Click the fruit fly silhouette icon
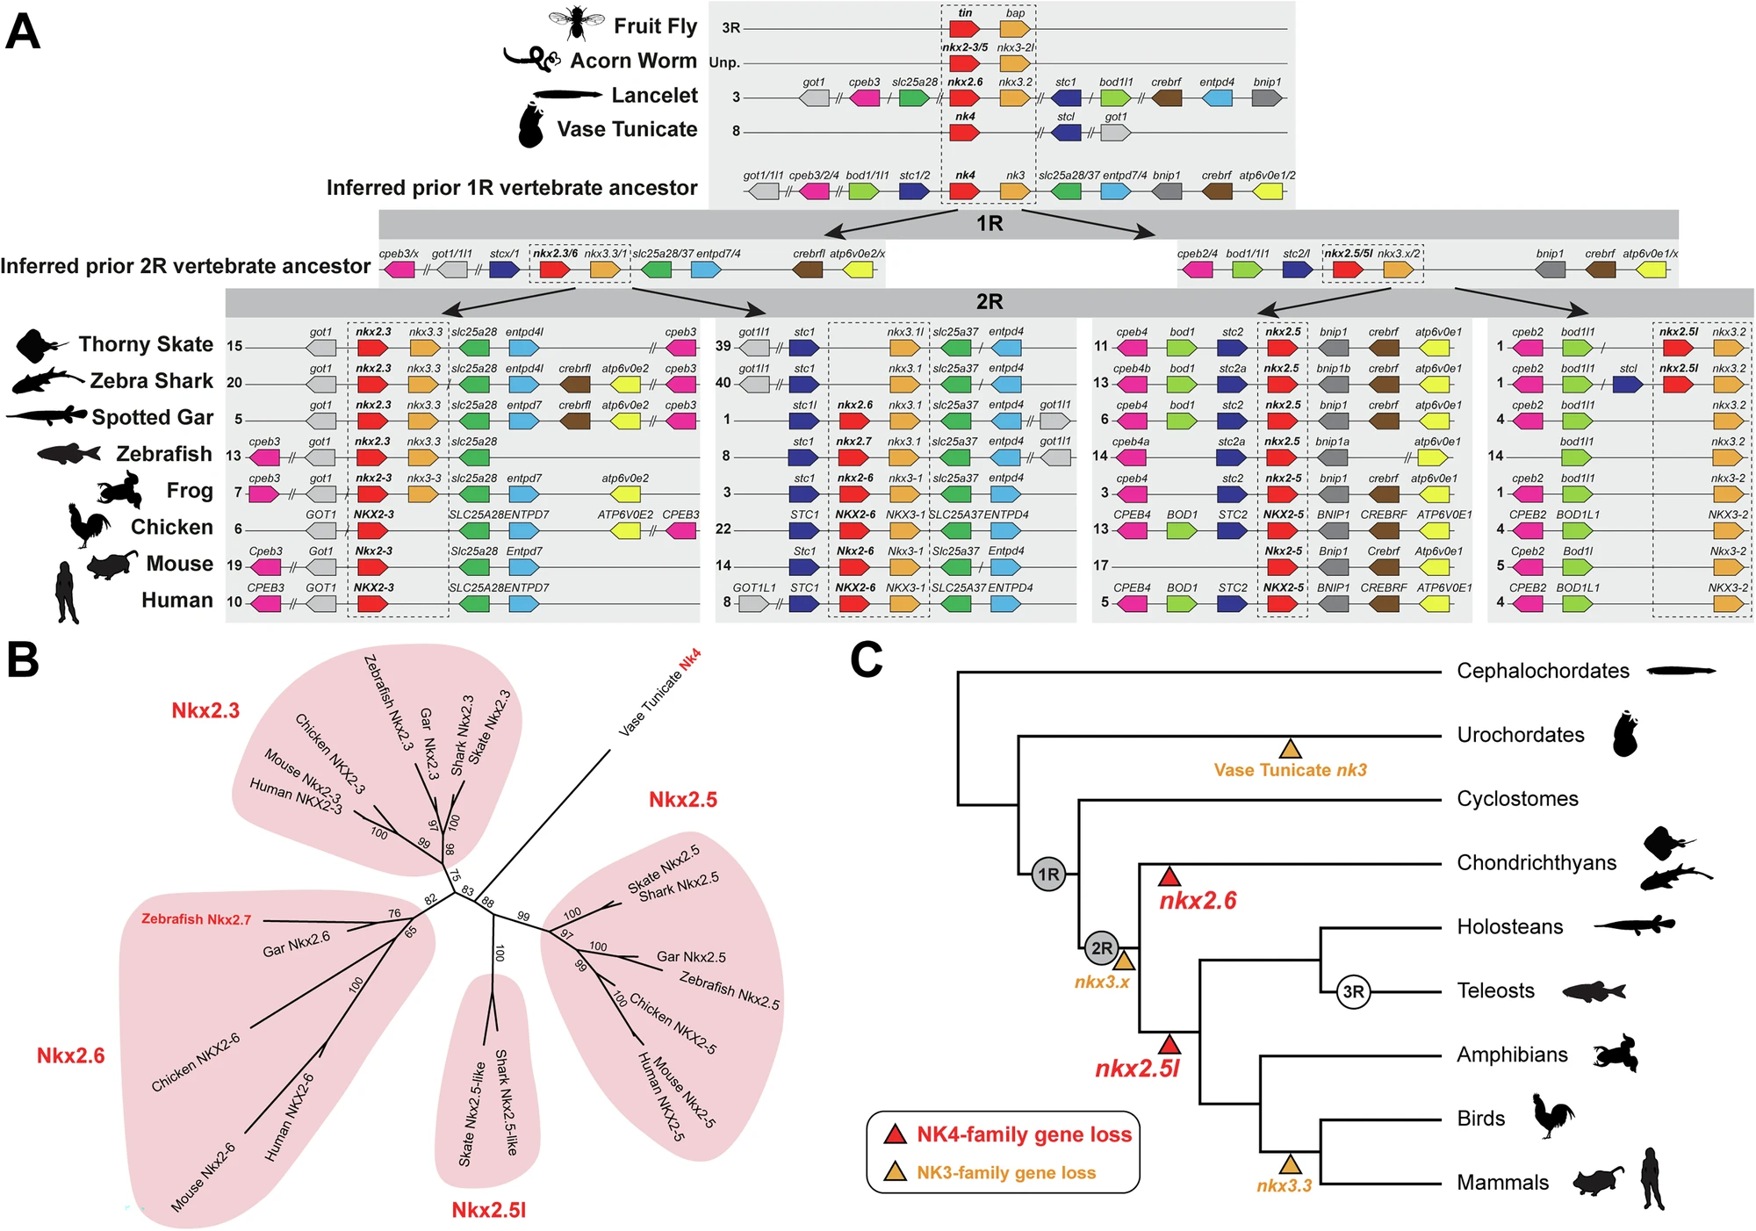(x=576, y=22)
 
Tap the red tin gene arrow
(x=964, y=28)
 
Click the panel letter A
(x=23, y=32)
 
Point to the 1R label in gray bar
(x=990, y=224)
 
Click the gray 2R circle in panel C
(x=1101, y=948)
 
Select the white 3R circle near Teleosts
(x=1353, y=992)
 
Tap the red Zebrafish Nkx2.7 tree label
(x=196, y=919)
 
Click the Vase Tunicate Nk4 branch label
(x=659, y=693)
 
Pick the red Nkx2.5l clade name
(x=488, y=1210)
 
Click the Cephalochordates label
(x=1543, y=671)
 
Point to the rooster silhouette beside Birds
(x=1552, y=1116)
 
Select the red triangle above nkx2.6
(x=1169, y=876)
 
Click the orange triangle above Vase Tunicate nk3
(x=1290, y=750)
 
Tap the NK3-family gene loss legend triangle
(x=895, y=1172)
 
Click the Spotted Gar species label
(x=152, y=417)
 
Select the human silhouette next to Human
(x=67, y=593)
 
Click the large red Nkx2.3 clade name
(x=205, y=710)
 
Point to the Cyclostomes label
(x=1517, y=799)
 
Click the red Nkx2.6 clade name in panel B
(x=70, y=1055)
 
